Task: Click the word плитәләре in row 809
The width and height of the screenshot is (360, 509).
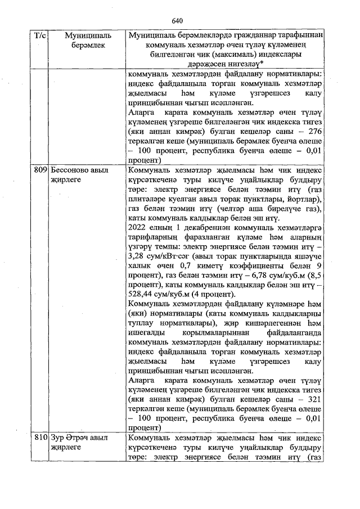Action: [x=147, y=199]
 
